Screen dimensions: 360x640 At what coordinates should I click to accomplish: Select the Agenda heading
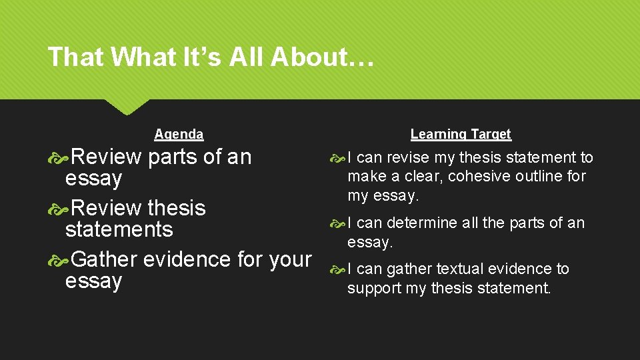click(179, 134)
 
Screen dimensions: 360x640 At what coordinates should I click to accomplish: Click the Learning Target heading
click(461, 134)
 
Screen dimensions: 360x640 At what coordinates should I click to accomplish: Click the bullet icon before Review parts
click(60, 157)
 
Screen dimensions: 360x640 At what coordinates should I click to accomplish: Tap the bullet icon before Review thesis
click(60, 208)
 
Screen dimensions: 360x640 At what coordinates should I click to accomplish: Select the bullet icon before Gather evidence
click(60, 259)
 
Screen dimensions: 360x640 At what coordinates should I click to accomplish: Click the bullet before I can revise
click(338, 158)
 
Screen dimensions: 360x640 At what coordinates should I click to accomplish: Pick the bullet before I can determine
click(338, 223)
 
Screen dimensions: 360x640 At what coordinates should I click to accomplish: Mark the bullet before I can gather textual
click(338, 269)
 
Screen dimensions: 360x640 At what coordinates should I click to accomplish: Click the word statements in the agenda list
click(119, 229)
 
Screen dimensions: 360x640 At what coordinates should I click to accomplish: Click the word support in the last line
click(374, 288)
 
